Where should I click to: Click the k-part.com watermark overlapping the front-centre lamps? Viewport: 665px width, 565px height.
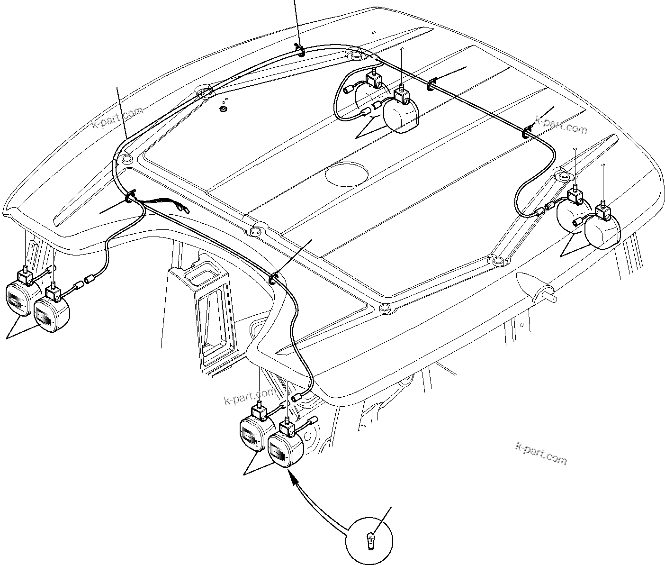pos(249,396)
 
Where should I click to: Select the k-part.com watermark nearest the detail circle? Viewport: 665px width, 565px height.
pos(540,453)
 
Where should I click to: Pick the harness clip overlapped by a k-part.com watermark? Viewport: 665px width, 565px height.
pos(527,131)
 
